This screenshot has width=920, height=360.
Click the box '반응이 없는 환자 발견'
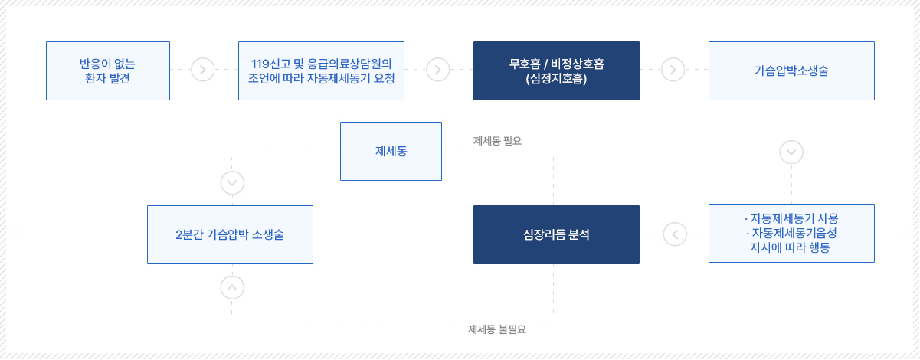pos(108,70)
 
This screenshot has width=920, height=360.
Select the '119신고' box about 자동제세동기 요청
pos(321,70)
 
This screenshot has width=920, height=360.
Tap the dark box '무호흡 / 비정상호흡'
pos(556,70)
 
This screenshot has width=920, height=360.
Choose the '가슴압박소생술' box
pos(791,70)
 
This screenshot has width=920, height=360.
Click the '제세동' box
pos(391,151)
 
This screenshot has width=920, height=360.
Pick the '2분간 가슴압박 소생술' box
pos(230,235)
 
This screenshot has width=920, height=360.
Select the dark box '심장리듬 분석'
pos(556,235)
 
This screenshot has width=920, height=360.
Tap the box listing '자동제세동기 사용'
pos(791,233)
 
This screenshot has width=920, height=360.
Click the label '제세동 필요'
pos(497,141)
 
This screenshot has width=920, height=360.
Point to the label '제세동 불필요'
pos(497,329)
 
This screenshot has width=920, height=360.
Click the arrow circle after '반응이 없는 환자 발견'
pos(202,70)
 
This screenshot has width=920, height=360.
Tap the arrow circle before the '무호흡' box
pos(438,70)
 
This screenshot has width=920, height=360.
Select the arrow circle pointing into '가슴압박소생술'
pos(673,70)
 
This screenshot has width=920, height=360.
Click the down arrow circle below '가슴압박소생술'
pos(791,152)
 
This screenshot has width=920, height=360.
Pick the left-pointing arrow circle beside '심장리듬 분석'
pos(675,234)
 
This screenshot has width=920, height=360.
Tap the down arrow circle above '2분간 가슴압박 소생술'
pos(232,183)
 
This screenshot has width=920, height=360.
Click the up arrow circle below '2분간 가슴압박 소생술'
pos(232,288)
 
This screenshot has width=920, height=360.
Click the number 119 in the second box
pos(260,64)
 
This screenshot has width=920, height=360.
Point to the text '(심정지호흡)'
pos(556,78)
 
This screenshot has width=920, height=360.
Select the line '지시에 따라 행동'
pos(790,247)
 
